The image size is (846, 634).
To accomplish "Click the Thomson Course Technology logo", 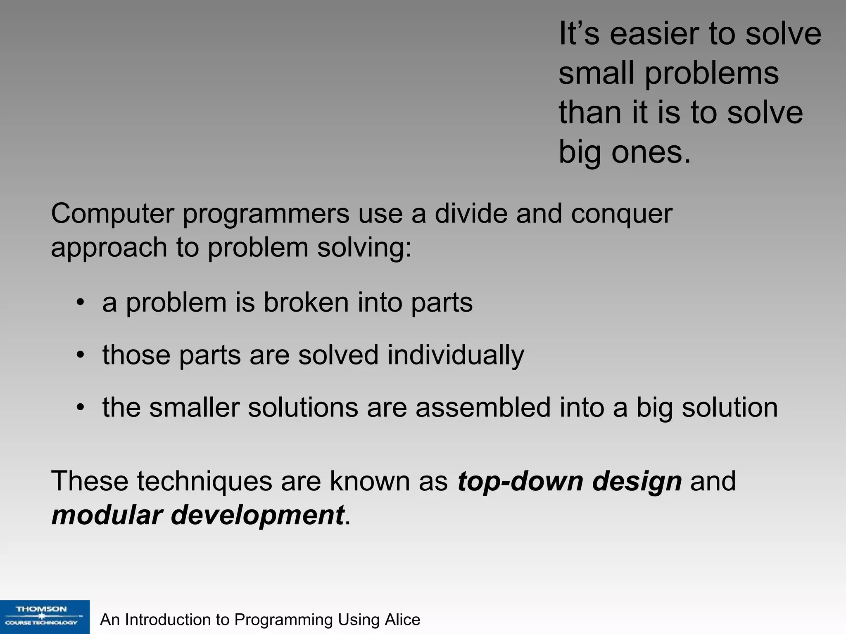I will (44, 617).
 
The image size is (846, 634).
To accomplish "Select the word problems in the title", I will (711, 73).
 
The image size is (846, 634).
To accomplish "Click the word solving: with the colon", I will (364, 248).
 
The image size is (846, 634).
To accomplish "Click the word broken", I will (306, 302).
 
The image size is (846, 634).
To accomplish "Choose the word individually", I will (455, 355).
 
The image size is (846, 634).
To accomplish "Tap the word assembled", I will (483, 407).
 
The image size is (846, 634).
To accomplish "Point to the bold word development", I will (257, 516).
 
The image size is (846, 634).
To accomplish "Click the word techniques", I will (204, 481).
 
